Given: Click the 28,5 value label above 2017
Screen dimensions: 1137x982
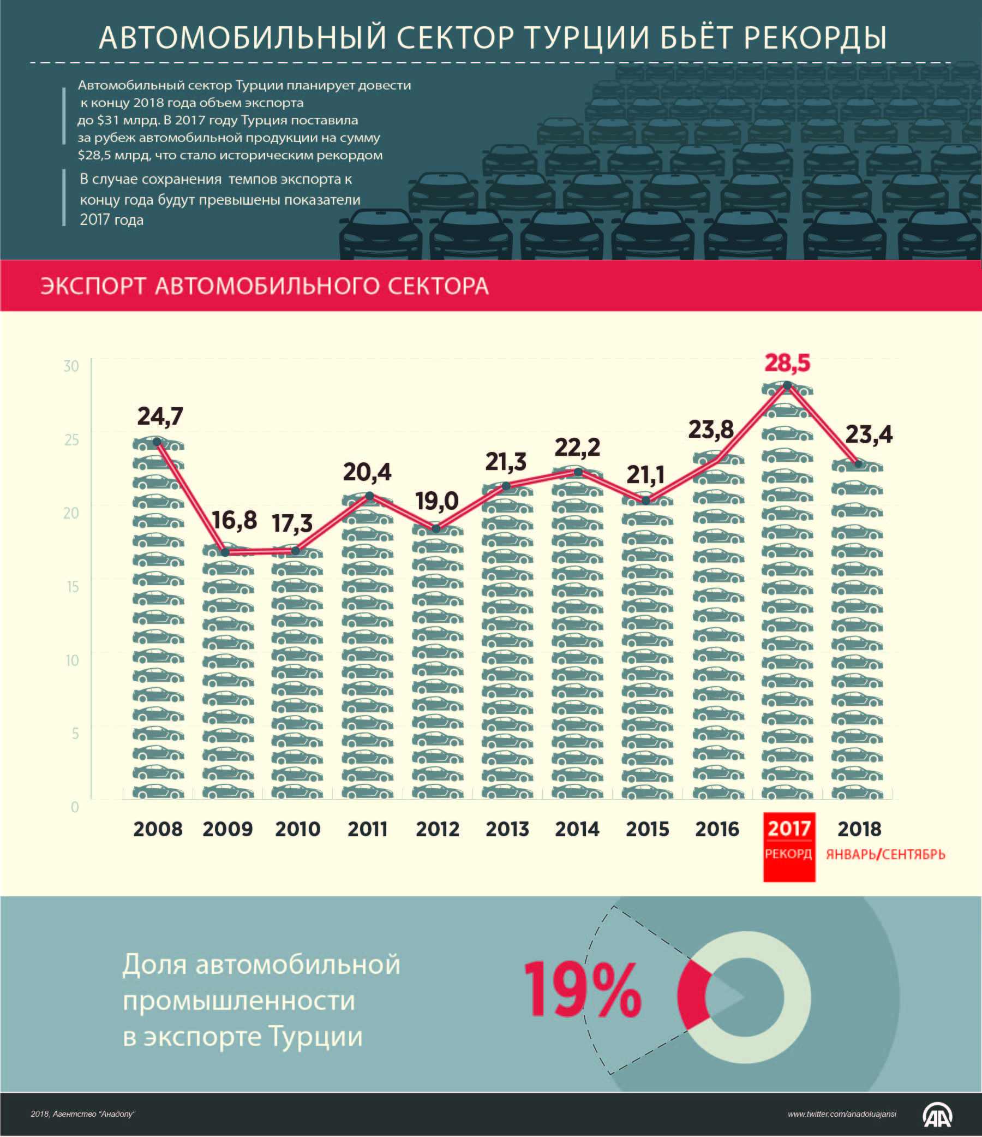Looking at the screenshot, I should point(787,364).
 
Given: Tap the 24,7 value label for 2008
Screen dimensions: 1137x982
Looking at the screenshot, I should point(160,416).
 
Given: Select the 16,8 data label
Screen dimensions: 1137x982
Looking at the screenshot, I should point(234,520).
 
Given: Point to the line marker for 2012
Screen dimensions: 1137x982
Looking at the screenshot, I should point(436,528).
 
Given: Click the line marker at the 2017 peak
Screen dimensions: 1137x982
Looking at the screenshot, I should point(787,386).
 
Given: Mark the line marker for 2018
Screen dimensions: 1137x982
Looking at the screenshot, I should point(858,464).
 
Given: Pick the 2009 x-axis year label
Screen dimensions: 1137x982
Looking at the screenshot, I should point(227,829).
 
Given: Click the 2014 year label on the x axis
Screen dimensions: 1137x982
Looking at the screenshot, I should point(577,829).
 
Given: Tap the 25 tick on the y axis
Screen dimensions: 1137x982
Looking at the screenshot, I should point(71,439).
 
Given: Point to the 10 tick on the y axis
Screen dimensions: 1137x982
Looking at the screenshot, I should point(72,660).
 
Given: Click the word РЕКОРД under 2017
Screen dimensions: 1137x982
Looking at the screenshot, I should point(788,854).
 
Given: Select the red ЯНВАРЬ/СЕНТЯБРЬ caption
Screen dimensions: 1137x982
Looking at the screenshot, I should point(885,854).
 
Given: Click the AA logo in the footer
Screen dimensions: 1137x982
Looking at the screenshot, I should point(938,1115).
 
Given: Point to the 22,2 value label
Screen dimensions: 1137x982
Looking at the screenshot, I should point(577,448).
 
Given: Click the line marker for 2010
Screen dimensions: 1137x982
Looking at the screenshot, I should point(295,550).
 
